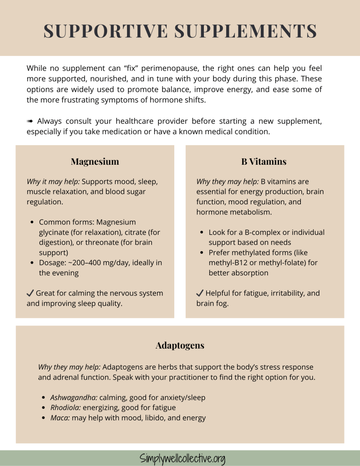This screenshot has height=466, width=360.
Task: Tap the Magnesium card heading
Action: pyautogui.click(x=95, y=162)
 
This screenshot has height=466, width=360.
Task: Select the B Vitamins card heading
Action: pyautogui.click(x=264, y=162)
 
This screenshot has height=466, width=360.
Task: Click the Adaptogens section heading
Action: pyautogui.click(x=180, y=345)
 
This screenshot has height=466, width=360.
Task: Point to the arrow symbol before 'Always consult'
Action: pyautogui.click(x=30, y=121)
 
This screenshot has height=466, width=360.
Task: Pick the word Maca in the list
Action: pyautogui.click(x=60, y=418)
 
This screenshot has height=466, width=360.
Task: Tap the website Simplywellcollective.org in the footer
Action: pyautogui.click(x=182, y=458)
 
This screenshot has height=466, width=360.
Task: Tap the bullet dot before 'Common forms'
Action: pyautogui.click(x=32, y=223)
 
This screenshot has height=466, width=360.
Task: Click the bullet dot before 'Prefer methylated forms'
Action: pyautogui.click(x=202, y=253)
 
